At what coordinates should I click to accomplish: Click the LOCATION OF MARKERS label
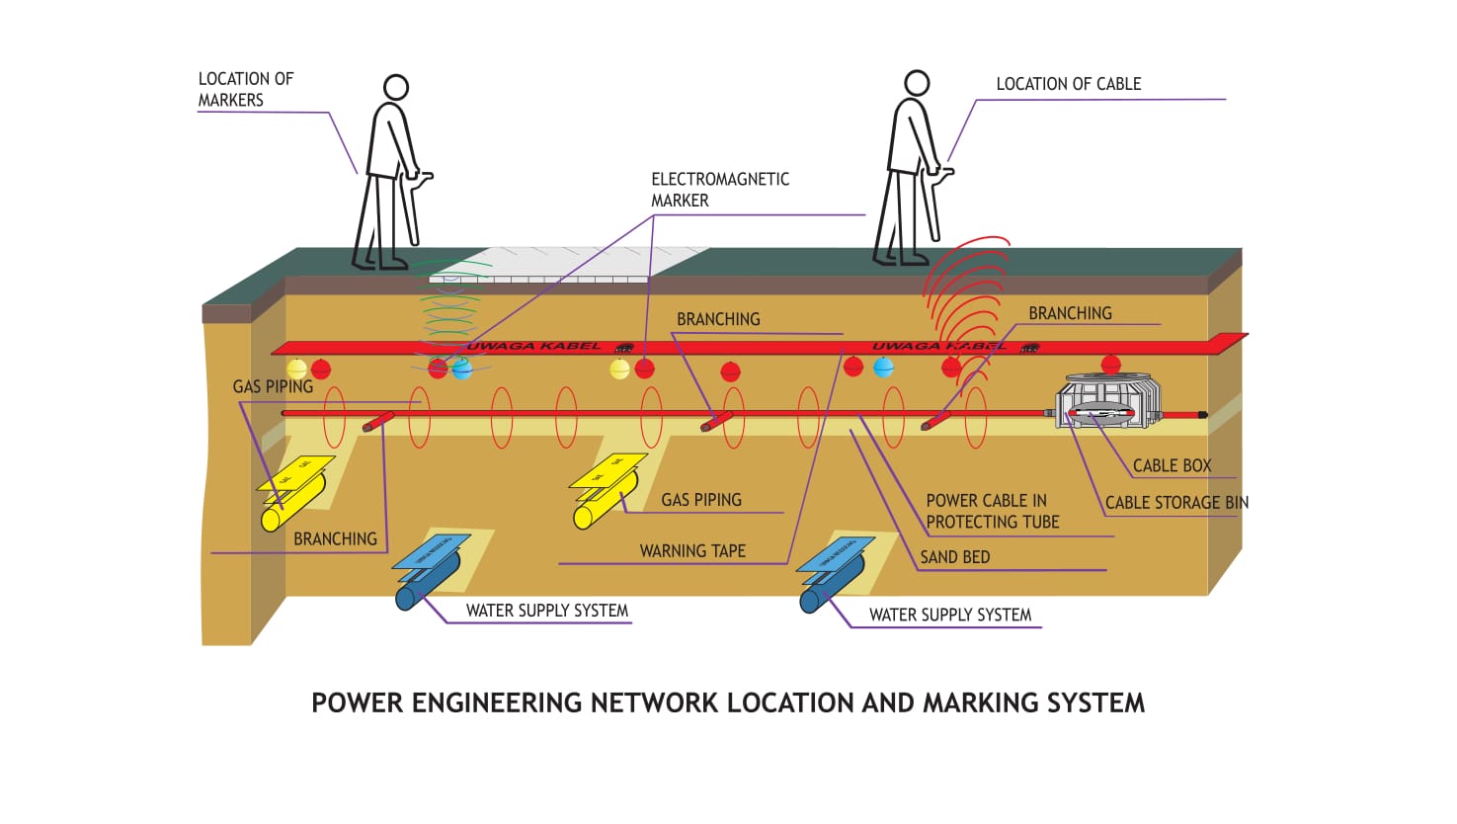click(245, 89)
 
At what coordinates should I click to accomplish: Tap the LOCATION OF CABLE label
click(1068, 85)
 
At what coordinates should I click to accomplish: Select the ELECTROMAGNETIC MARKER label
click(719, 190)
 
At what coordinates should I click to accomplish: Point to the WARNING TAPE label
click(692, 551)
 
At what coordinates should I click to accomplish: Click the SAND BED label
click(954, 557)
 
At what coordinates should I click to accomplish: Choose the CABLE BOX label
click(1172, 465)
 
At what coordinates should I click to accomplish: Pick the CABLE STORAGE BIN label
click(1176, 503)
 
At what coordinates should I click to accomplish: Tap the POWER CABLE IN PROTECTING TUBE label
click(992, 512)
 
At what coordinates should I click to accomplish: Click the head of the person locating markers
click(396, 87)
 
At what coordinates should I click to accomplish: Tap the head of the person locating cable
click(917, 83)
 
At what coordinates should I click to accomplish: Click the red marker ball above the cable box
click(1110, 364)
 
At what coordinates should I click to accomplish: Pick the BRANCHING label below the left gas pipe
click(335, 539)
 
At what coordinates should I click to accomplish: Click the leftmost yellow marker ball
click(296, 370)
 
